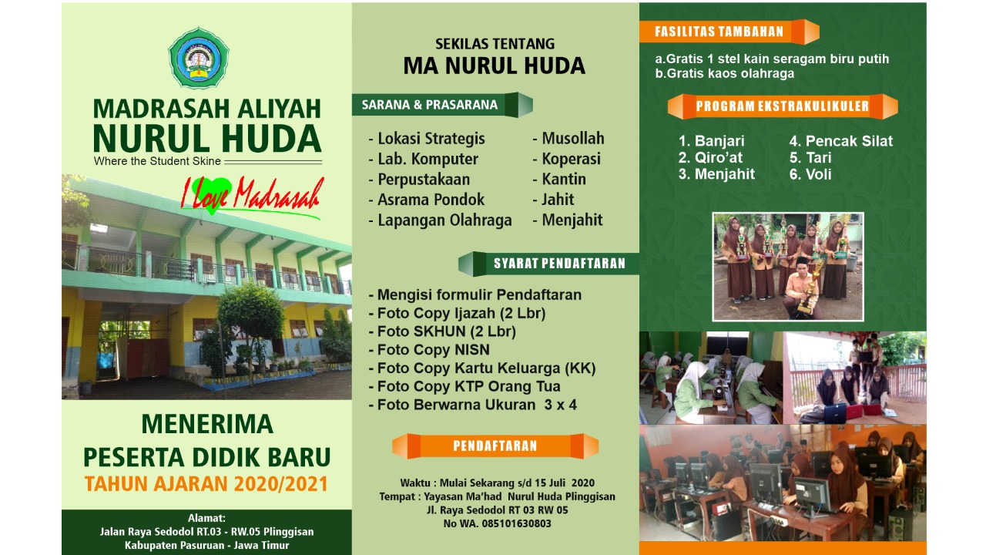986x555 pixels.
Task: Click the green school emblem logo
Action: coord(199,58)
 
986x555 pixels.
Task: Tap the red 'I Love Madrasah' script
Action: coord(252,196)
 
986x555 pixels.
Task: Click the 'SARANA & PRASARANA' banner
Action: coord(442,105)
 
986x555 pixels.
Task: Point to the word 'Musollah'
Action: coord(572,138)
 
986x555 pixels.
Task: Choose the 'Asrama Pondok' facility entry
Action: coord(426,200)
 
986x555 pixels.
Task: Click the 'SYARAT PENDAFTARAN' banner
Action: coord(548,264)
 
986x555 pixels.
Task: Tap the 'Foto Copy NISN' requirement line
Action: coord(429,350)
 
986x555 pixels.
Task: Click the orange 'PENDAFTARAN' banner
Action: coord(495,446)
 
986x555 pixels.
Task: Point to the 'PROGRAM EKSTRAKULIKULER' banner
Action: coord(782,106)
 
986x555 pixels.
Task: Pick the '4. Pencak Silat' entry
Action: coord(840,141)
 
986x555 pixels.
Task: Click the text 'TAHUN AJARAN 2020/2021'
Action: coord(206,483)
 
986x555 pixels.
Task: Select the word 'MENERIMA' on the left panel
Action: coord(207,424)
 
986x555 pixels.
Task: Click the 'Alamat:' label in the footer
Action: coord(206,518)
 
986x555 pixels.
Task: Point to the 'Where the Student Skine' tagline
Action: coord(157,161)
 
